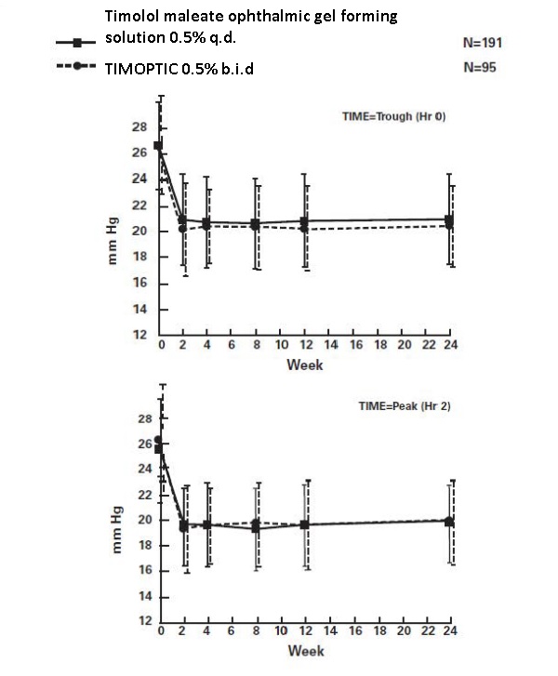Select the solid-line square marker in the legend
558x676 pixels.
click(x=79, y=43)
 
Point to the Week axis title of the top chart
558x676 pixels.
click(x=304, y=365)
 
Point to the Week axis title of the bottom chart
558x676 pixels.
click(x=304, y=650)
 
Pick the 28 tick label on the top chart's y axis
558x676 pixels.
click(x=139, y=126)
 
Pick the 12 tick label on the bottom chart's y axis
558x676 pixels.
click(x=139, y=621)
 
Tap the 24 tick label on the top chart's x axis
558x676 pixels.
click(x=451, y=346)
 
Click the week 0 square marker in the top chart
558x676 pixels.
click(x=158, y=145)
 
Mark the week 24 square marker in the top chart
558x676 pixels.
click(x=451, y=219)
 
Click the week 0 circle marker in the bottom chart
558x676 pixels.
click(x=158, y=440)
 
